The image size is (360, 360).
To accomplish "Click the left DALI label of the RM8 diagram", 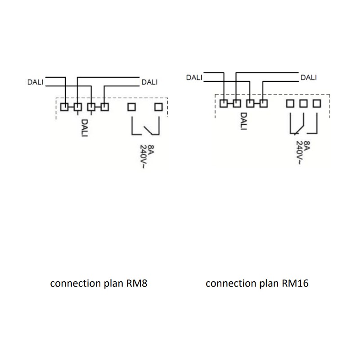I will click(36, 82).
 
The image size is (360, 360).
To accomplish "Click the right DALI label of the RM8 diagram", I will click(149, 82).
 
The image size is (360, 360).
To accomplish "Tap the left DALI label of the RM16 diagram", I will click(194, 77).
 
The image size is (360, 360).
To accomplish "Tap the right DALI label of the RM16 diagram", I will click(308, 77).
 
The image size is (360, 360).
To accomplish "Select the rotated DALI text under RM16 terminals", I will click(243, 121).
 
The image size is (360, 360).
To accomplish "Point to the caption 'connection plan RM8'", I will click(99, 284).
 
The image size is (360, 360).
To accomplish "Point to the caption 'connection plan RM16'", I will click(257, 284).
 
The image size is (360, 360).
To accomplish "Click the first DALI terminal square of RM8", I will click(65, 107).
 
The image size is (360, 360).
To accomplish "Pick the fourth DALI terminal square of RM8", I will click(105, 107).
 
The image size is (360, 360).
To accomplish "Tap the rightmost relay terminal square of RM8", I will click(158, 107).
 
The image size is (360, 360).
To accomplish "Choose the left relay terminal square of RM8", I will click(132, 107).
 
